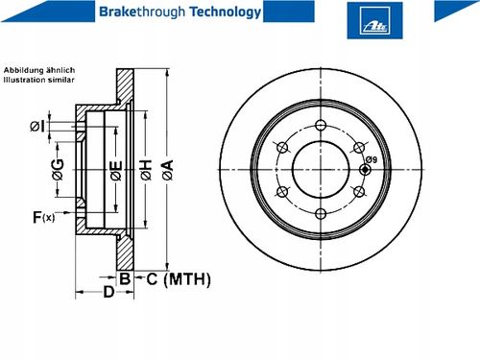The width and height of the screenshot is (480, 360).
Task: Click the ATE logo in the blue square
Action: (x=375, y=26)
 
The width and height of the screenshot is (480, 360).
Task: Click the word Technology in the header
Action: (x=226, y=12)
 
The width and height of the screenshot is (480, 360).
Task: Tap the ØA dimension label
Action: (x=168, y=170)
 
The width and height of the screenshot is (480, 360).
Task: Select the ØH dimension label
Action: (x=146, y=170)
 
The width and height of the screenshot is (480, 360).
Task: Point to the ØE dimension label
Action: (x=116, y=170)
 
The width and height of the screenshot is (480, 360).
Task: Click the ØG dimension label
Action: (x=58, y=169)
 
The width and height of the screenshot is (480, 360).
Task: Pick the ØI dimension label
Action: (x=37, y=127)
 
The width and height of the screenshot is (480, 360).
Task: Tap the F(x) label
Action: (x=44, y=217)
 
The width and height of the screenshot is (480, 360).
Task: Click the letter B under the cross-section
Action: (x=125, y=278)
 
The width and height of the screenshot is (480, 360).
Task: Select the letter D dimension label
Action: (x=108, y=292)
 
